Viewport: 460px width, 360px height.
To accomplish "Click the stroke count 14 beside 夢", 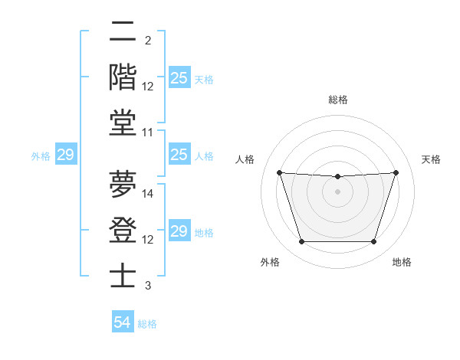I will point(149,194).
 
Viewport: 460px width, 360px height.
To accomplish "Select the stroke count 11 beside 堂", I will point(149,133).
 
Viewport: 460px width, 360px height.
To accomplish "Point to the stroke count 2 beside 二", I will point(148,40).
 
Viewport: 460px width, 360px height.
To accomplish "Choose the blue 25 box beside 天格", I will point(179,77).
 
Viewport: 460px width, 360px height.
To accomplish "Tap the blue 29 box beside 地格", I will point(179,231).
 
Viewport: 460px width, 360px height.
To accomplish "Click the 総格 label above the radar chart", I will point(337,100).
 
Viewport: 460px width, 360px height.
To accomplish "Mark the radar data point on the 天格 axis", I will point(396,172).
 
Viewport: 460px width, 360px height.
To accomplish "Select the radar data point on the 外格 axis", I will point(301,242).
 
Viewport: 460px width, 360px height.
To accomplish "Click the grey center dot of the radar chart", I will point(337,191).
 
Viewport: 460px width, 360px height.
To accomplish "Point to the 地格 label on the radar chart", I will point(402,263).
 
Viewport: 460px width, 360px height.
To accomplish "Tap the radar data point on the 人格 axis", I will point(279,172).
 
